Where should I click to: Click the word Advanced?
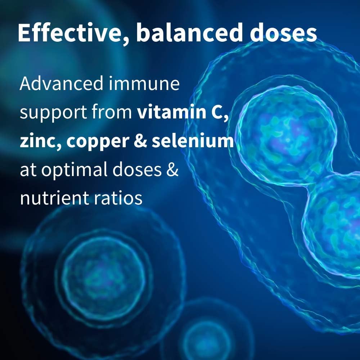coord(61,84)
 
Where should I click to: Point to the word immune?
coord(144,84)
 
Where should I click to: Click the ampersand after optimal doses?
coord(172,169)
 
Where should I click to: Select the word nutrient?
coord(54,198)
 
